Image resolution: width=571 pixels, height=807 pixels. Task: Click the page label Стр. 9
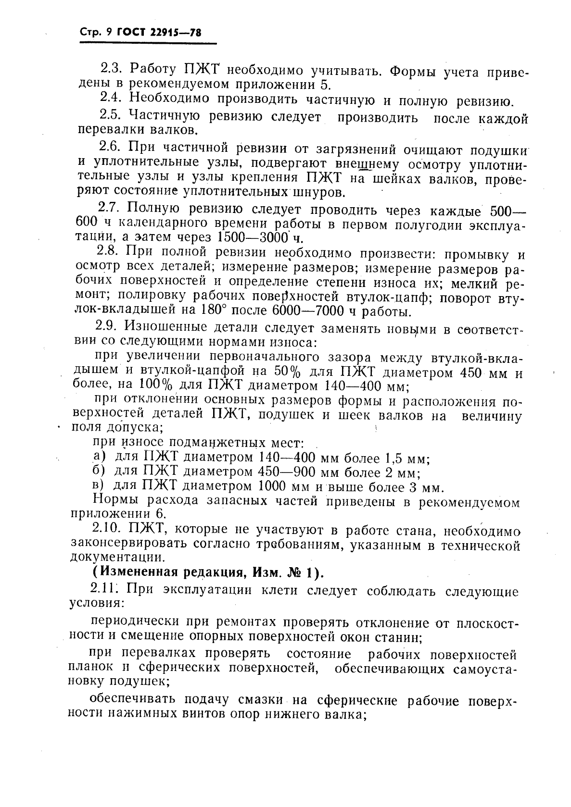click(96, 33)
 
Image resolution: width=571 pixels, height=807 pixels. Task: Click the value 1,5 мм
click(406, 457)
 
